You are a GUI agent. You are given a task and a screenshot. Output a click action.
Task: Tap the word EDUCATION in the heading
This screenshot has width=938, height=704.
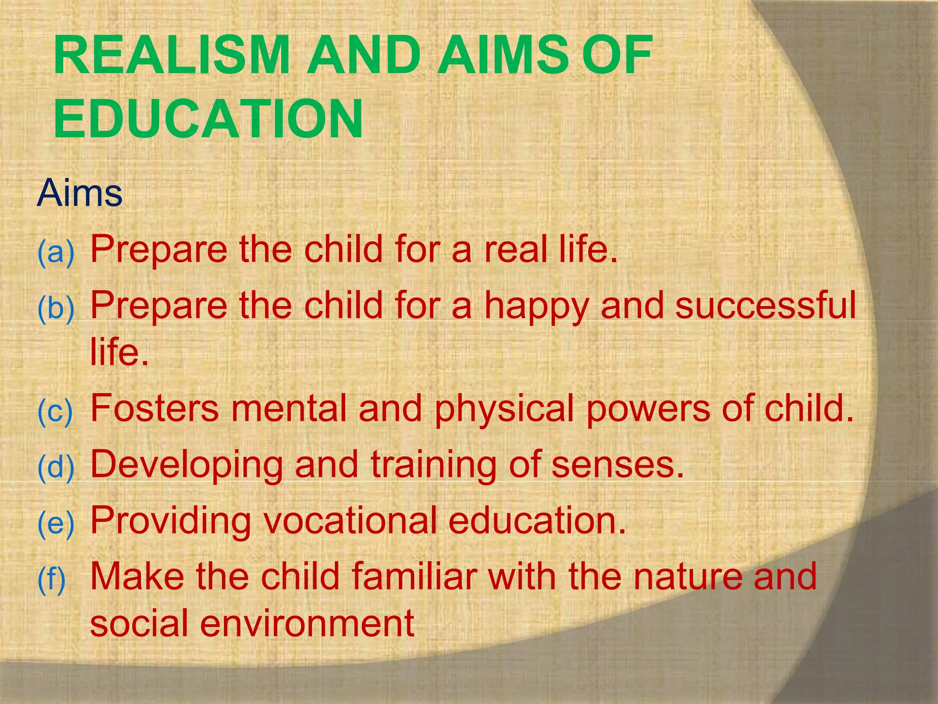click(208, 120)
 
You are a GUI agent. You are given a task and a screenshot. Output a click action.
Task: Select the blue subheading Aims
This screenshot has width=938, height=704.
click(80, 193)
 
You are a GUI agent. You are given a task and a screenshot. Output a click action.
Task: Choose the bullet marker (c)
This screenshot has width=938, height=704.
click(55, 411)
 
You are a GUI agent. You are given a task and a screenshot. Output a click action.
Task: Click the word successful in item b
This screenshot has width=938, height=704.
click(765, 306)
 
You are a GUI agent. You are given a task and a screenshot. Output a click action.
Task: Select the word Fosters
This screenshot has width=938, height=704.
click(155, 408)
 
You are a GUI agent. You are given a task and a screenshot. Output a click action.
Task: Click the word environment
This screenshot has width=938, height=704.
click(307, 623)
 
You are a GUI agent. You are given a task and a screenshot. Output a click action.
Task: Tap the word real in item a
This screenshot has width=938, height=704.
click(517, 250)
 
